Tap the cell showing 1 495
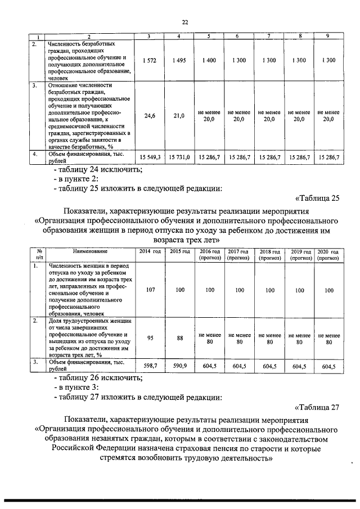click(179, 60)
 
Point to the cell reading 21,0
click(179, 116)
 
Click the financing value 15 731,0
click(179, 157)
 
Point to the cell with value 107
click(150, 290)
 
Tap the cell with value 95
click(150, 338)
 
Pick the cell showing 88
click(179, 338)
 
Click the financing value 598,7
click(150, 366)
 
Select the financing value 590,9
click(179, 366)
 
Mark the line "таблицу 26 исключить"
click(97, 377)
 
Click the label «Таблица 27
click(317, 407)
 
